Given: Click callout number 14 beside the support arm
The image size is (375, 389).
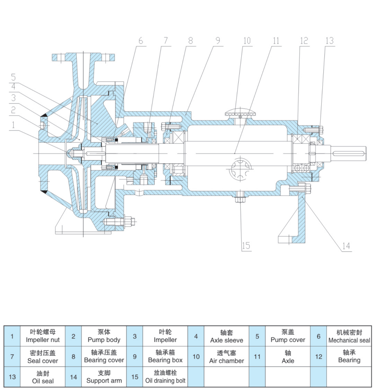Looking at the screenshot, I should click(x=346, y=246).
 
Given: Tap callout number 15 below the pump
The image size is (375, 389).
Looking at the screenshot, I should click(x=246, y=246).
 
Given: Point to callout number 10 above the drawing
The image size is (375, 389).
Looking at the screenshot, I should click(x=247, y=41).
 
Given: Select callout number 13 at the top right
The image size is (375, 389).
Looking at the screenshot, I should click(x=329, y=41).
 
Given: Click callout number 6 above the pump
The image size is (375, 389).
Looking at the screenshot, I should click(x=140, y=41).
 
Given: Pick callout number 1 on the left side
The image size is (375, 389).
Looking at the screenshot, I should click(x=13, y=125).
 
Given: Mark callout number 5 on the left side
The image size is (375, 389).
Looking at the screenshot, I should click(x=13, y=77).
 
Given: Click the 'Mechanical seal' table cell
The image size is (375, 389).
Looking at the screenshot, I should click(x=349, y=336).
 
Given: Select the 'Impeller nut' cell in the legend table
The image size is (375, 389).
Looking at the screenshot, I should click(x=43, y=336).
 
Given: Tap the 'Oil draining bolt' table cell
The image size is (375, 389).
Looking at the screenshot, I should click(x=165, y=377).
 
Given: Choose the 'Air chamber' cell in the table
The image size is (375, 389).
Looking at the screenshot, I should click(x=226, y=357).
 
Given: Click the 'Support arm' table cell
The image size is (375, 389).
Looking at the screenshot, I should click(x=104, y=377).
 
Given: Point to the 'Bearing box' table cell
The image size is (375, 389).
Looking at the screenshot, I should click(x=165, y=357).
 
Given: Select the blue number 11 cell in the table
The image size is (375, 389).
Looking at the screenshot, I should click(x=257, y=357).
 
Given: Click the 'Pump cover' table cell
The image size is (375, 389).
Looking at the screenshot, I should click(x=288, y=336).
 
